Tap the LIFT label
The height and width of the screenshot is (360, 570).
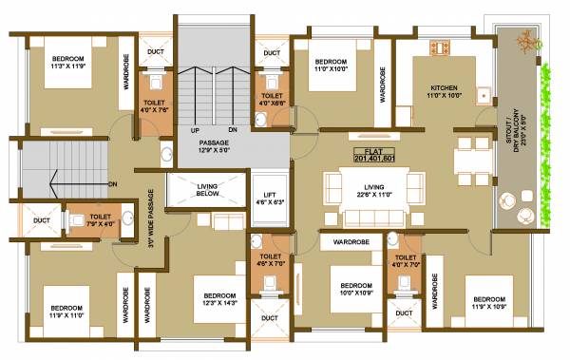(x=270, y=198)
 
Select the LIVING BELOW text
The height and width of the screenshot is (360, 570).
(x=207, y=191)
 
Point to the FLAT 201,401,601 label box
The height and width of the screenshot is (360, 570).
(x=372, y=155)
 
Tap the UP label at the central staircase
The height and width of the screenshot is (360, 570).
(x=195, y=130)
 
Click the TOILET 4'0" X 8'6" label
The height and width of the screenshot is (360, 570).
(x=272, y=100)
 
